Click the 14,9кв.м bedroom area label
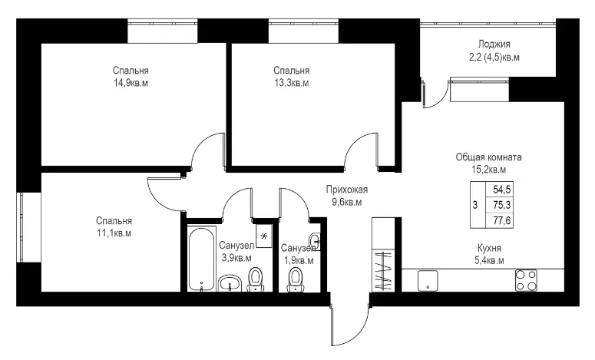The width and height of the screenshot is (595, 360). [x=131, y=83]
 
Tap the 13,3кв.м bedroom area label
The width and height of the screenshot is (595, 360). [x=292, y=83]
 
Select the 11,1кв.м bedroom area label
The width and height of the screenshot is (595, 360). [x=114, y=233]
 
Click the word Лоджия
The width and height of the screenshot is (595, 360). [x=494, y=45]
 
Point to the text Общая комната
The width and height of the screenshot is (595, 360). [x=489, y=157]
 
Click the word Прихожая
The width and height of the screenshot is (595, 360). [x=347, y=190]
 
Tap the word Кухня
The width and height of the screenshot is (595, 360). [x=490, y=248]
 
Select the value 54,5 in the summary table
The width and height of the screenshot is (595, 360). [x=501, y=189]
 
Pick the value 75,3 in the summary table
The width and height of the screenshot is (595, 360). [x=501, y=205]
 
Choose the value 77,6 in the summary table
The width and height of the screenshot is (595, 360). [x=501, y=220]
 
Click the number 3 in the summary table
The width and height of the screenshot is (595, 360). [x=475, y=205]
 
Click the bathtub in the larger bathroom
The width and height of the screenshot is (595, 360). [x=201, y=259]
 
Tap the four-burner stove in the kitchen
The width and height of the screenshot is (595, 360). [x=526, y=280]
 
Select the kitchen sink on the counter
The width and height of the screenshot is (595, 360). [x=428, y=281]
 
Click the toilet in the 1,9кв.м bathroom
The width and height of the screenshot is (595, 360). [x=296, y=280]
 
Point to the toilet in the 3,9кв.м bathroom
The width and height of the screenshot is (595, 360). [x=256, y=279]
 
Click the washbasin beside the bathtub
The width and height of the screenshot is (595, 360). [x=230, y=283]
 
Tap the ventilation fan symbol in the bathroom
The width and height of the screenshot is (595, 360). [x=264, y=236]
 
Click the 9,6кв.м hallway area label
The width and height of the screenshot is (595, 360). [x=347, y=202]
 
